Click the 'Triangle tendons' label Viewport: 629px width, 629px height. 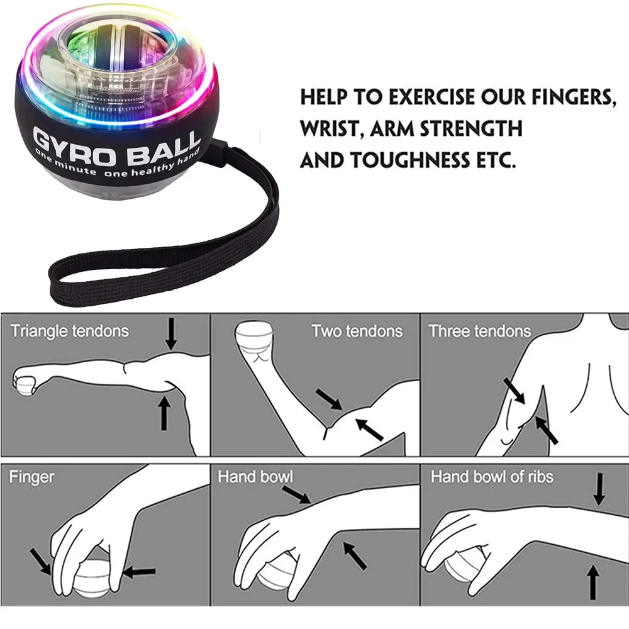pyautogui.click(x=69, y=331)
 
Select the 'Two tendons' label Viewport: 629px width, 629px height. pyautogui.click(x=357, y=331)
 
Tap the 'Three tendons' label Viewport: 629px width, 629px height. pyautogui.click(x=480, y=331)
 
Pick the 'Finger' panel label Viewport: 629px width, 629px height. pyautogui.click(x=31, y=477)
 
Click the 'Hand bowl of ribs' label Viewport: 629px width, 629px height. pyautogui.click(x=492, y=477)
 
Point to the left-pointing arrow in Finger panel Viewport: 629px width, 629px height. pyautogui.click(x=140, y=572)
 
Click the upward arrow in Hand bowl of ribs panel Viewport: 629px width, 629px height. pyautogui.click(x=592, y=582)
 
